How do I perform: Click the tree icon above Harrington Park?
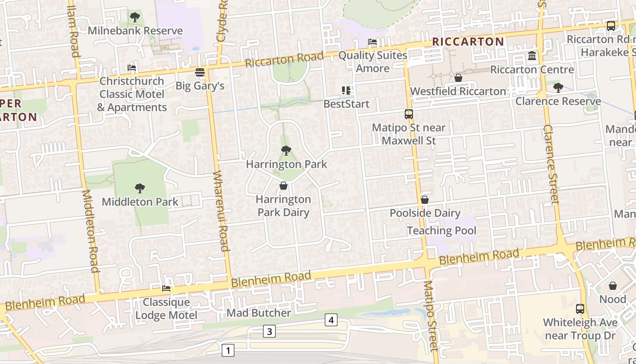coord(286,151)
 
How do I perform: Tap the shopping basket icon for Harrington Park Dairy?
coord(283,186)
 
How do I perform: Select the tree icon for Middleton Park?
coord(140,188)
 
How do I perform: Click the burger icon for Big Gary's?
coord(200,72)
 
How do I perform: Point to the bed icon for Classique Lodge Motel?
coord(166,288)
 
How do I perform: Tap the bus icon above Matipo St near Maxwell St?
coord(409,114)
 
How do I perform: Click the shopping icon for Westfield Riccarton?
coord(458,78)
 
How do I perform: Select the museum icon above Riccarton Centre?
coord(532,56)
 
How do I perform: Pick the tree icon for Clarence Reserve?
coord(558,87)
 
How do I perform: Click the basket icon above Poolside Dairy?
coord(425,200)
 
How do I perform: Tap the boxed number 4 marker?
coord(331,320)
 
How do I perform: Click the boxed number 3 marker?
coord(269,331)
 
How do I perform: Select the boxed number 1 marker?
coord(228,350)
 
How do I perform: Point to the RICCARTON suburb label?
coord(468,42)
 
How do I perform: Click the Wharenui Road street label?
coord(221,211)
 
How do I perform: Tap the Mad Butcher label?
coord(258,313)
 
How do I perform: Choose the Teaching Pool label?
coord(442,231)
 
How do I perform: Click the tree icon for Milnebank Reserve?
coord(134,17)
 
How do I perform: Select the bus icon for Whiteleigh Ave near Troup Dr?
coord(580,309)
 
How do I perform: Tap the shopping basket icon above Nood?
coord(612,286)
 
